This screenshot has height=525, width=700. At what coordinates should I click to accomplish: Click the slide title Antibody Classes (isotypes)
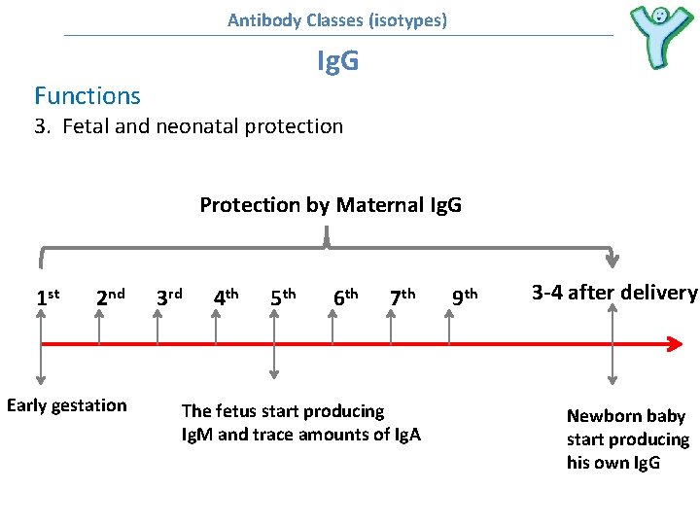coord(337,19)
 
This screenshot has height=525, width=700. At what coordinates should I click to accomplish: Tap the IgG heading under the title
coord(337,62)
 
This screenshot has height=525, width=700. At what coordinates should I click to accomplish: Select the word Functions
coord(87,95)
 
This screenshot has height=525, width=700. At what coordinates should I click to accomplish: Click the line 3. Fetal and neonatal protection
coord(189,126)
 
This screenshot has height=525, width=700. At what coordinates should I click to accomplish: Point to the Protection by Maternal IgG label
coord(331,205)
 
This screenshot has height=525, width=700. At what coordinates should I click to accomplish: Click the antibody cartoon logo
coord(659,37)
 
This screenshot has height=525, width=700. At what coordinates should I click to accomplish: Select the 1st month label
coord(48,296)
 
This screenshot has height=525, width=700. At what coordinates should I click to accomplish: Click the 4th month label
coord(227,296)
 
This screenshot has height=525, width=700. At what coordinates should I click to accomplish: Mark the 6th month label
coord(345,296)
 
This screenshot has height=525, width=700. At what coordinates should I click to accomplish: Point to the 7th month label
coord(402,296)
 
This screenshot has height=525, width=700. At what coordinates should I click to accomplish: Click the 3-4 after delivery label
coord(613,293)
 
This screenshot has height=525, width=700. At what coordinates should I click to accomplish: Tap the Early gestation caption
coord(66,405)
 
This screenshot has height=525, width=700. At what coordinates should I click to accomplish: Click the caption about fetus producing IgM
coord(300,423)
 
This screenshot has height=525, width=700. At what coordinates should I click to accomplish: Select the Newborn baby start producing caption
coord(627,439)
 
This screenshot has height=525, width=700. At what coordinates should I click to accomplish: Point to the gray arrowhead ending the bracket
coord(612,260)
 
